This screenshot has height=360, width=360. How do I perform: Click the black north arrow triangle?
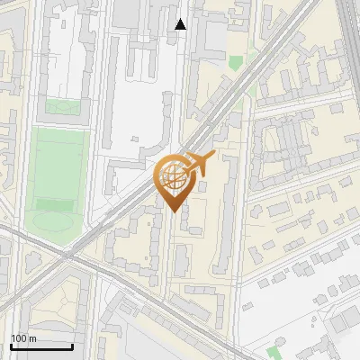click(x=181, y=24)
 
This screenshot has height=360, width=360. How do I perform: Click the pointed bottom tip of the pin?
click(x=174, y=211)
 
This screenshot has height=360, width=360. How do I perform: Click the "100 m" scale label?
click(x=24, y=338)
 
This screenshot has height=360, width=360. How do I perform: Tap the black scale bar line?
click(x=41, y=346)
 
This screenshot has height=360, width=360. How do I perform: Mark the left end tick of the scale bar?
click(x=11, y=345)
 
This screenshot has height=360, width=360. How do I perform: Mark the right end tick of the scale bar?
click(x=72, y=345)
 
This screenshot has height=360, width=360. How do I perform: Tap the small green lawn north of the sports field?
click(x=62, y=106)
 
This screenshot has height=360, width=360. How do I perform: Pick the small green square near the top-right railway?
click(x=236, y=63)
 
